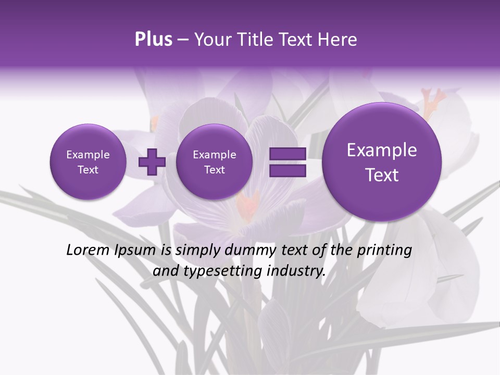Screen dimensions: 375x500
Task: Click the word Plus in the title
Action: (x=153, y=40)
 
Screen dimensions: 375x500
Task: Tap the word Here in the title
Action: (x=337, y=40)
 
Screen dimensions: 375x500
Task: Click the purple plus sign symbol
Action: (x=152, y=161)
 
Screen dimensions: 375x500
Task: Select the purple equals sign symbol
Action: (x=287, y=162)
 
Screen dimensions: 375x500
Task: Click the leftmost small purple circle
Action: (x=87, y=162)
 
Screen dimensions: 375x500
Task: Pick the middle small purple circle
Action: (x=214, y=162)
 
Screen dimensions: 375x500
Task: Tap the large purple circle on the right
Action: (x=382, y=162)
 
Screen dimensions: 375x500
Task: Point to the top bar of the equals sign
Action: (x=287, y=154)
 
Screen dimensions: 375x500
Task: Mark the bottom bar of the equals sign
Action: (x=287, y=170)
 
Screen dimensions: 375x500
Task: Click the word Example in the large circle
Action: (x=382, y=150)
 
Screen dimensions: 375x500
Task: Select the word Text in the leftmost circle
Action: (x=87, y=170)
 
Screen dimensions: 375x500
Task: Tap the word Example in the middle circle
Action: (x=214, y=155)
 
